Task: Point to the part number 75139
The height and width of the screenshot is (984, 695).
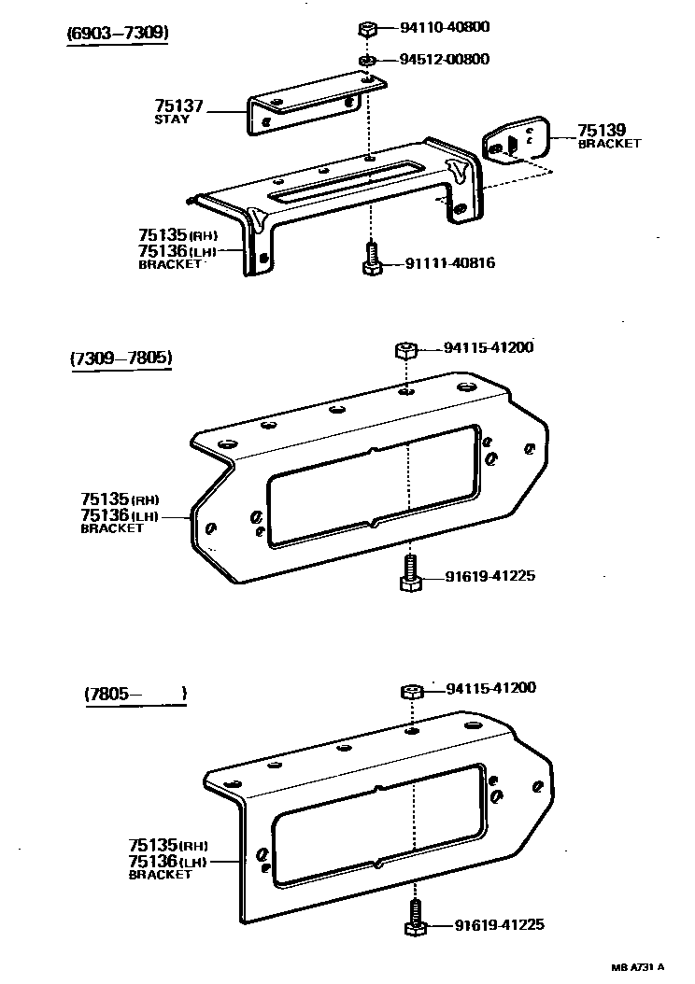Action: [x=602, y=131]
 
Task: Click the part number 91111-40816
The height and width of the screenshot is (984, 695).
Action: [x=449, y=264]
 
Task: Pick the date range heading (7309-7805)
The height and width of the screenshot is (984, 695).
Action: [x=121, y=358]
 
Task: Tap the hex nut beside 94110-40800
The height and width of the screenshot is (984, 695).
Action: [x=367, y=29]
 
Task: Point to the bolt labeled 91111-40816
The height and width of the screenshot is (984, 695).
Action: [x=371, y=259]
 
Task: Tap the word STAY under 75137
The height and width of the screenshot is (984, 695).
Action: [x=172, y=120]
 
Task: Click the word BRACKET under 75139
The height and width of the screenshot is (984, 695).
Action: [x=609, y=144]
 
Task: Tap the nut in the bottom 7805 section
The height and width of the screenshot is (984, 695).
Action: [x=412, y=691]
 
